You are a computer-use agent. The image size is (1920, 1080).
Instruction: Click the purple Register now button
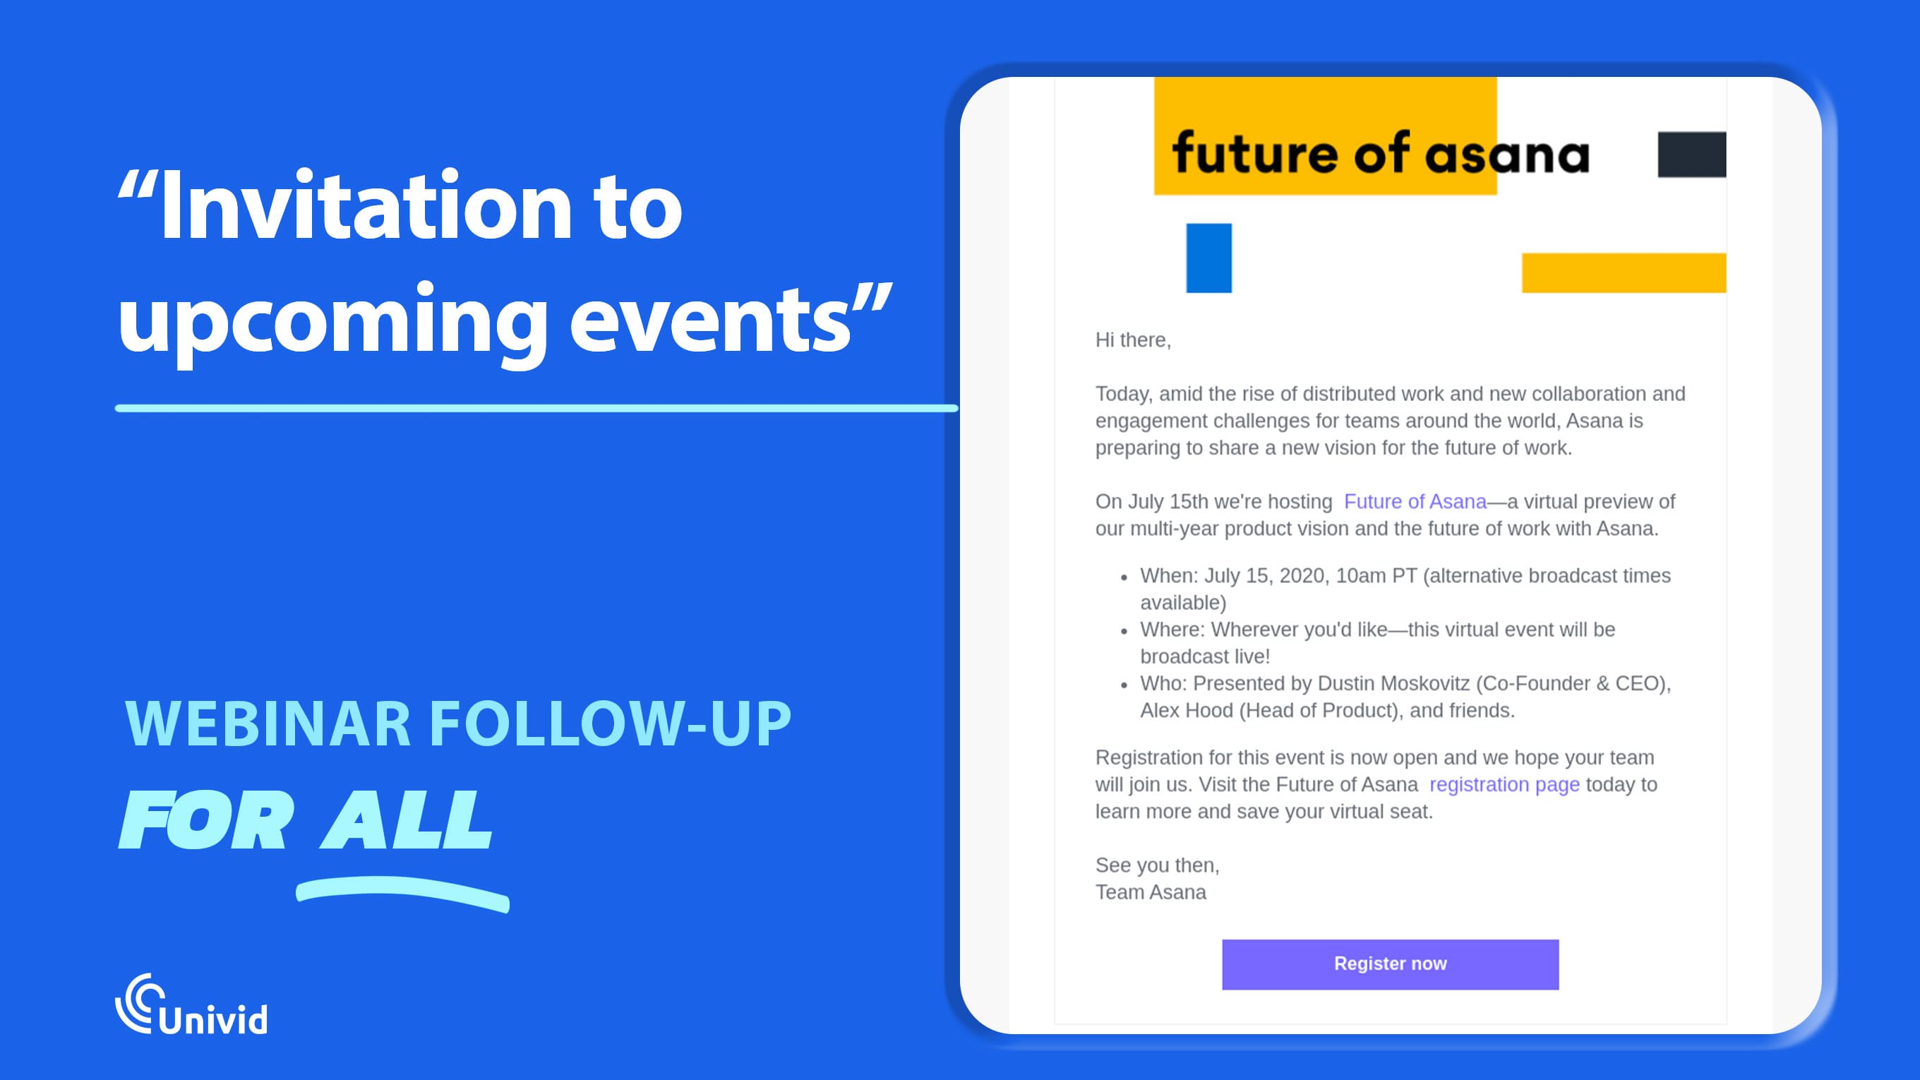pos(1390,964)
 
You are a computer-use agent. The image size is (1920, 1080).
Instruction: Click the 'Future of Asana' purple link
pos(1415,502)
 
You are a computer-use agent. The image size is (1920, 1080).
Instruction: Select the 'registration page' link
pos(1504,784)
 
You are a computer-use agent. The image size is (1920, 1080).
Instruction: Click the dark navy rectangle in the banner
pos(1691,155)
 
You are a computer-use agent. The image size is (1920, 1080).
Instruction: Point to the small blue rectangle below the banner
pos(1208,258)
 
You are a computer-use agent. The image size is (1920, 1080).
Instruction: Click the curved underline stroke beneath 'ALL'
pos(402,892)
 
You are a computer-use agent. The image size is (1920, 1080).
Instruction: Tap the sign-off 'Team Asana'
pos(1150,892)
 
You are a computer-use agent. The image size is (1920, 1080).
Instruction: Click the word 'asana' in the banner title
pos(1507,155)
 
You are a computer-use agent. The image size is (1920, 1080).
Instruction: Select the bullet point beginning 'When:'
pos(1404,575)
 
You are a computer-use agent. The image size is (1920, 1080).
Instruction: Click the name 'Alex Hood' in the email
pos(1186,710)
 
